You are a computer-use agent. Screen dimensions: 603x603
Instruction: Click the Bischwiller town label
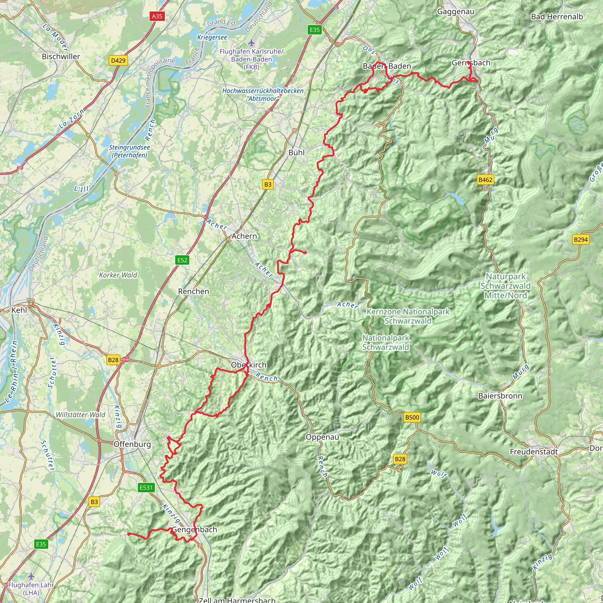pyautogui.click(x=61, y=57)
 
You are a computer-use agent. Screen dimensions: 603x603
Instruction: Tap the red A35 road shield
pyautogui.click(x=157, y=16)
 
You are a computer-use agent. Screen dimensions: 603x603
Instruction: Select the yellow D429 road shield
pyautogui.click(x=118, y=60)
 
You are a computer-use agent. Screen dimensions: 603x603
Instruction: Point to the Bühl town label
pyautogui.click(x=296, y=153)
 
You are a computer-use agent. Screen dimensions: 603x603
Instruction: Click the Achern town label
pyautogui.click(x=244, y=236)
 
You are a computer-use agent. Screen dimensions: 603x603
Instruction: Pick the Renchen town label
pyautogui.click(x=193, y=291)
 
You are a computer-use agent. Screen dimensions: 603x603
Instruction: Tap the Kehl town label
pyautogui.click(x=19, y=310)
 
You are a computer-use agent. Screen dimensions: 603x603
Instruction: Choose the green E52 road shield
pyautogui.click(x=182, y=260)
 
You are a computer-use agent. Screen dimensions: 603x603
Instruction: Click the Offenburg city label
pyautogui.click(x=132, y=444)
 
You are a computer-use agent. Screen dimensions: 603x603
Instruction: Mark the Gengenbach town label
pyautogui.click(x=194, y=530)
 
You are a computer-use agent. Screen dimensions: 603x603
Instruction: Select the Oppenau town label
pyautogui.click(x=322, y=437)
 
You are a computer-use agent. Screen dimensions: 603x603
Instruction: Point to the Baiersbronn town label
pyautogui.click(x=500, y=396)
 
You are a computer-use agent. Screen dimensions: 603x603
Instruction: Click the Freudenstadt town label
pyautogui.click(x=534, y=452)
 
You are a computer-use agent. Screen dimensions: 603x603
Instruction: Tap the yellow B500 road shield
pyautogui.click(x=412, y=417)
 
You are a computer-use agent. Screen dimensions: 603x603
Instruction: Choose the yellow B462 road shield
pyautogui.click(x=485, y=180)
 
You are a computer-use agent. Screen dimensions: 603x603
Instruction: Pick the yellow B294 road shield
pyautogui.click(x=581, y=239)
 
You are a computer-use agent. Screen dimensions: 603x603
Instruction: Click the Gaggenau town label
pyautogui.click(x=456, y=11)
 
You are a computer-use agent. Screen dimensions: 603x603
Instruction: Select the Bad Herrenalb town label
pyautogui.click(x=557, y=16)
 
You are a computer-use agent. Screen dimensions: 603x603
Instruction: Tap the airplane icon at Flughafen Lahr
pyautogui.click(x=31, y=576)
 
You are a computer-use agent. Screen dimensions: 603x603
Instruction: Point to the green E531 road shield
pyautogui.click(x=146, y=488)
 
